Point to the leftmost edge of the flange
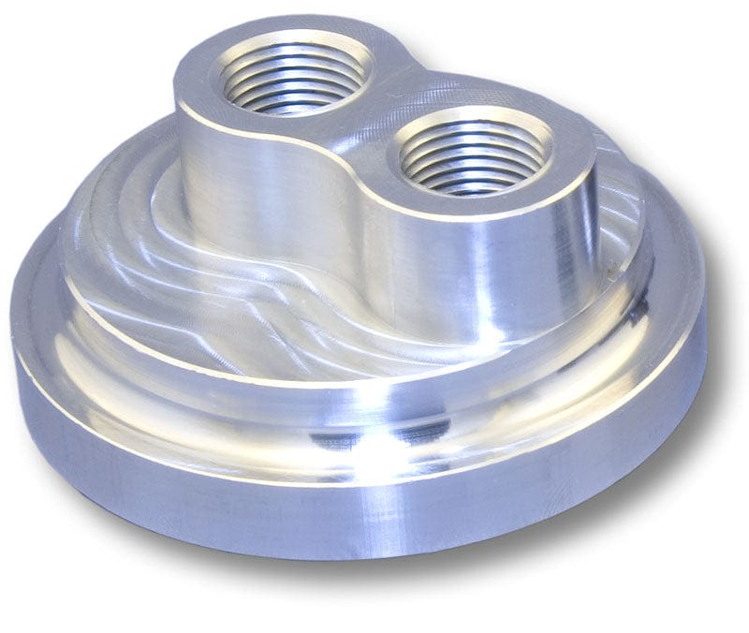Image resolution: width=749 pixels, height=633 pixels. click(15, 337)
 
